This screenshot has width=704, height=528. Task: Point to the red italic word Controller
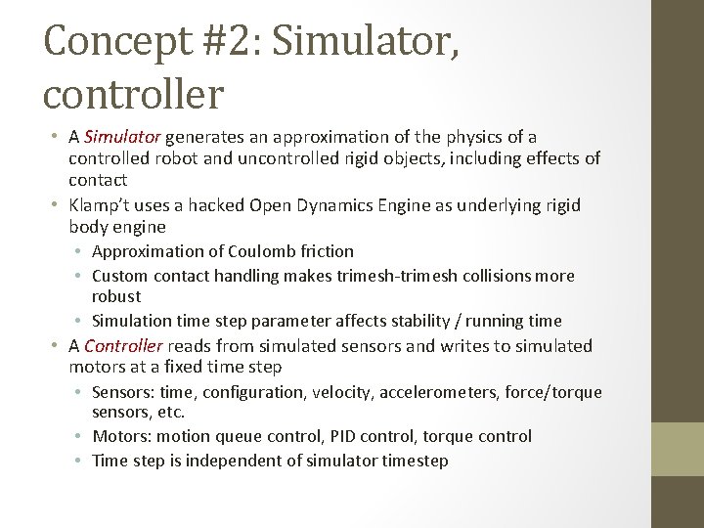[x=125, y=346]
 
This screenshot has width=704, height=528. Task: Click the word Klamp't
[x=102, y=205]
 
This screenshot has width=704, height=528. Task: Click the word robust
[x=116, y=296]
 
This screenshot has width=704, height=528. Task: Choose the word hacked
[x=209, y=205]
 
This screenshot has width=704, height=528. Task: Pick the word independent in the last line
[x=224, y=461]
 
